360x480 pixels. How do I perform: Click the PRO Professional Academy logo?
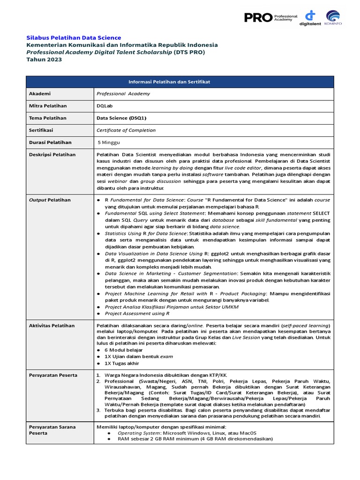pos(270,17)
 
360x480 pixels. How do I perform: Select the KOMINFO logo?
pos(333,18)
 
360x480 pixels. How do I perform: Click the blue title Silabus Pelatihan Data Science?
pos(74,37)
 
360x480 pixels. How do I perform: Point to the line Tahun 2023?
pos(44,60)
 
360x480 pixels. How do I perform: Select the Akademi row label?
pos(40,94)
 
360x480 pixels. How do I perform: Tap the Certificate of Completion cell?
pos(126,130)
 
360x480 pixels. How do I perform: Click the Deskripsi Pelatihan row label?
pos(52,155)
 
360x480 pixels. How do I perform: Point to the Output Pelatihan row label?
pos(50,200)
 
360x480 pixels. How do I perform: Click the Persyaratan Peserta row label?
pos(53,375)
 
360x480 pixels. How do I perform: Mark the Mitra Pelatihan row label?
pos(48,106)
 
